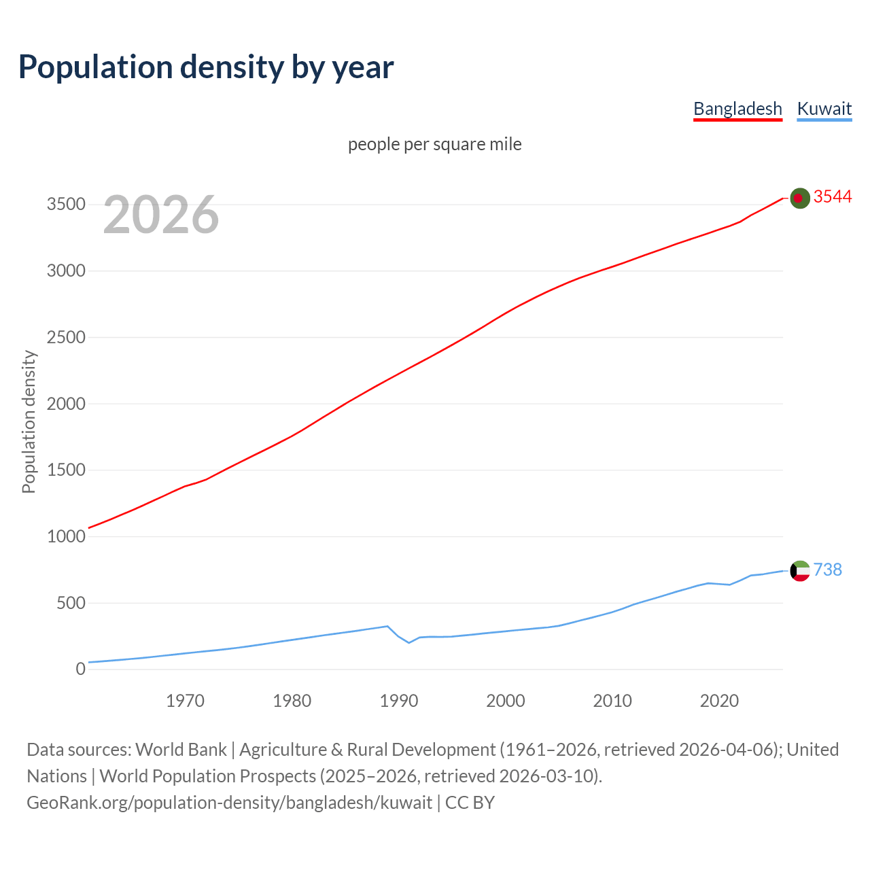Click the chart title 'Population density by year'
[206, 67]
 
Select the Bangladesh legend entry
[737, 109]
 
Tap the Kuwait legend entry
[824, 109]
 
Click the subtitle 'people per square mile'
[434, 145]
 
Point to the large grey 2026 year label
[161, 215]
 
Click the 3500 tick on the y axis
[66, 205]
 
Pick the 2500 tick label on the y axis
[66, 337]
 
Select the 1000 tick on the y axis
[66, 536]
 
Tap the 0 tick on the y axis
[80, 669]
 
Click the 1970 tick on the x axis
[185, 701]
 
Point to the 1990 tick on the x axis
[399, 701]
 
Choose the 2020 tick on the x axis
[719, 701]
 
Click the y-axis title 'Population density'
[29, 421]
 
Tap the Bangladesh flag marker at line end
[800, 198]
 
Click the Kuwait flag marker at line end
[800, 571]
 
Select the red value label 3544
[833, 197]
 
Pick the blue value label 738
[827, 570]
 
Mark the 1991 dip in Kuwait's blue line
[409, 642]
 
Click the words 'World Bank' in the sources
[181, 750]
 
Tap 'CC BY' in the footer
[470, 803]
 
